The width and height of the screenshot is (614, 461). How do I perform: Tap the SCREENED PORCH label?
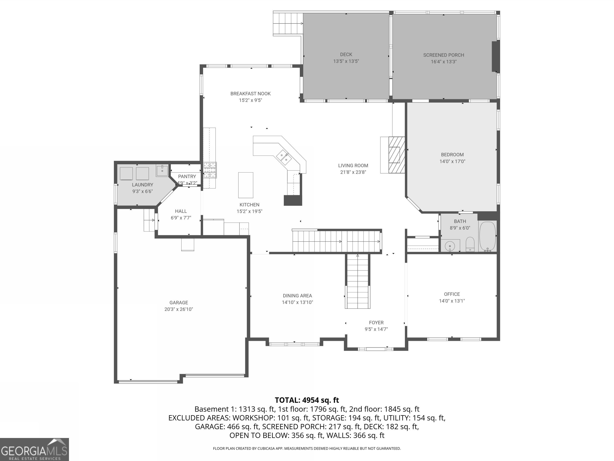(444, 55)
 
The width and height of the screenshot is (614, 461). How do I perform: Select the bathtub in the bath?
(488, 237)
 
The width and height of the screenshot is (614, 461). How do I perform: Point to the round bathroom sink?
(450, 246)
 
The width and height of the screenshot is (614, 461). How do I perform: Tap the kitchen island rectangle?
(246, 185)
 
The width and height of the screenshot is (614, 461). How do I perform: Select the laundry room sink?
(162, 171)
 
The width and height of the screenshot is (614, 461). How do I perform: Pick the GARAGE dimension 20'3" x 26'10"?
(178, 309)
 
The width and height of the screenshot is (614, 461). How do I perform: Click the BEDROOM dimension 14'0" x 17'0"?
(452, 161)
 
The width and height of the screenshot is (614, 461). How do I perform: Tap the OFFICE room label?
(452, 294)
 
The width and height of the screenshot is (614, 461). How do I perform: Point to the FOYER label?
(376, 323)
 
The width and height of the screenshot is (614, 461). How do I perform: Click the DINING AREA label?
(297, 296)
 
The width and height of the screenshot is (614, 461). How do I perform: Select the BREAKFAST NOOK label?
(250, 94)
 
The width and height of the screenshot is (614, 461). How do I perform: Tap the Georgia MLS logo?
(34, 449)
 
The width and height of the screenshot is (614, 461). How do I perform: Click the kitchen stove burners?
(210, 170)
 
